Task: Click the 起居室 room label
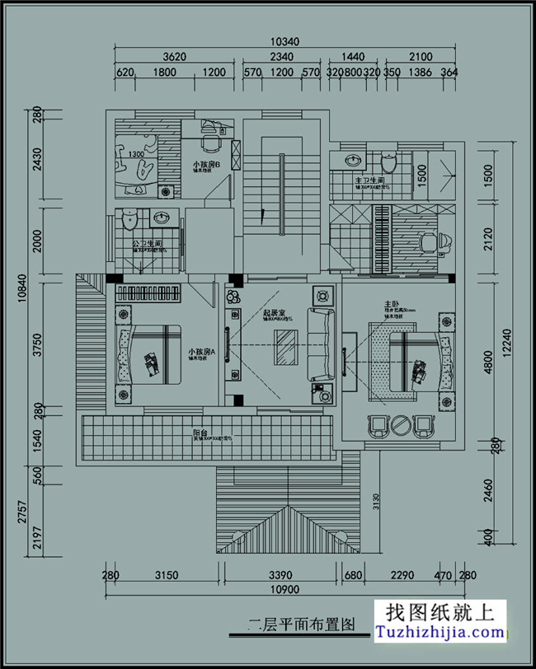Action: [x=274, y=313]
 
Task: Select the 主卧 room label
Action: [x=391, y=305]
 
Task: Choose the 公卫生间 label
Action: [x=147, y=244]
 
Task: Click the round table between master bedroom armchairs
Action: [x=400, y=426]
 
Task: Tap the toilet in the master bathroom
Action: [x=390, y=161]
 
